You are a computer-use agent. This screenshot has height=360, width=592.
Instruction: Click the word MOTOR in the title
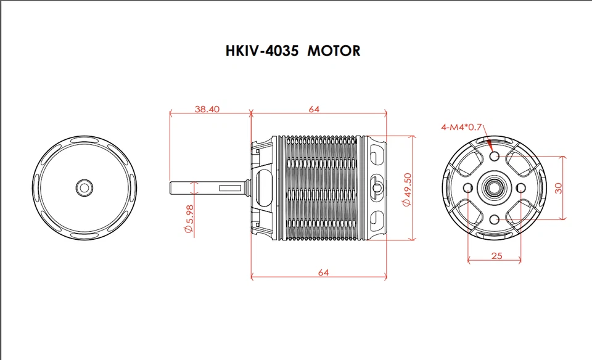pos(334,51)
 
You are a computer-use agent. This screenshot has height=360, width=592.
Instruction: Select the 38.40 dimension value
pos(207,109)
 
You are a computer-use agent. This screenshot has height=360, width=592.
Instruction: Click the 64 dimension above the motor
pos(314,109)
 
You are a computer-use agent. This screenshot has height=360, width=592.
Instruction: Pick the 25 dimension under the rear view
pos(497,255)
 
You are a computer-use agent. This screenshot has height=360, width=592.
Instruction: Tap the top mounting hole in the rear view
pos(495,157)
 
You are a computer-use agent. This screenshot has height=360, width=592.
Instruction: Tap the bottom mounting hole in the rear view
pos(495,219)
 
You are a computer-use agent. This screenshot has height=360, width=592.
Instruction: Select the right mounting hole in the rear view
pos(522,187)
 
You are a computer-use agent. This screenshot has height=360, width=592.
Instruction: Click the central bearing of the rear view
pos(495,187)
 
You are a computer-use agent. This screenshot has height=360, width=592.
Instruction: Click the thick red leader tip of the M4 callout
pos(490,145)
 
